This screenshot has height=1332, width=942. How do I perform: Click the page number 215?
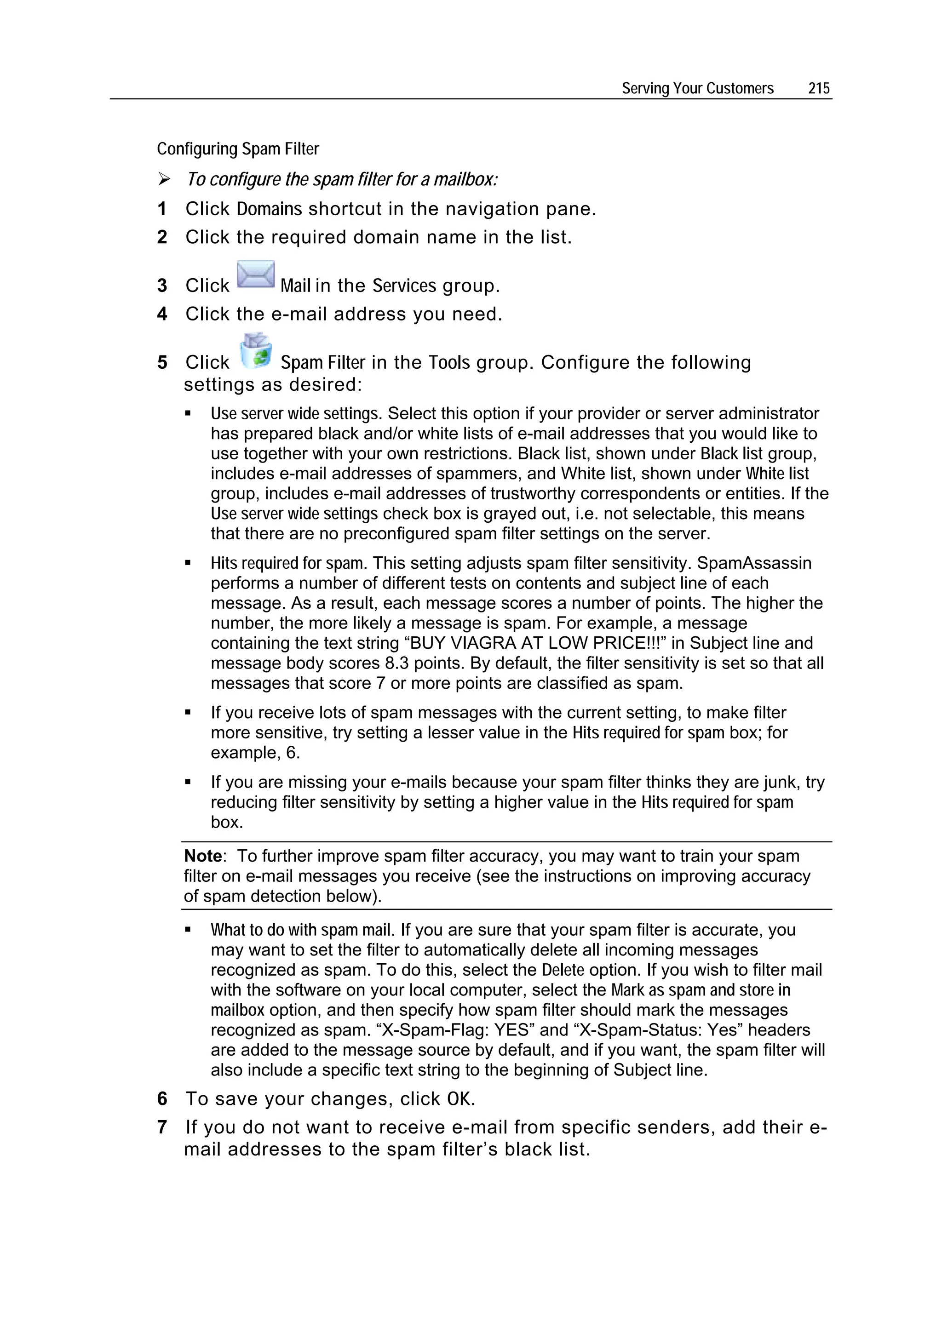818,88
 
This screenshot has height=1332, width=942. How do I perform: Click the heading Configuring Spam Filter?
238,149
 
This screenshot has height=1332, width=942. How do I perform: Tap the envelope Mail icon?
255,274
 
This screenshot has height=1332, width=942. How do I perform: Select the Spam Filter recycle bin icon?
256,350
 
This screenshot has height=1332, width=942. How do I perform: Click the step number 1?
162,209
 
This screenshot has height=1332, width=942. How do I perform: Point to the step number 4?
162,314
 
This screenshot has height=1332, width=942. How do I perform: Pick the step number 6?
162,1098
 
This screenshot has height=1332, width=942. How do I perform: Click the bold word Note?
202,856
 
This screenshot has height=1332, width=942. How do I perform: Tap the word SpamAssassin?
754,563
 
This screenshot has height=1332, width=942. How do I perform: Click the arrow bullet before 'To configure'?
164,180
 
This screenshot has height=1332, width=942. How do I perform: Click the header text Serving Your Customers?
697,88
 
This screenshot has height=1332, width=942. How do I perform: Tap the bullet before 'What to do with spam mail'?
188,929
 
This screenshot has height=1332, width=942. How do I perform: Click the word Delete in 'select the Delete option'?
563,970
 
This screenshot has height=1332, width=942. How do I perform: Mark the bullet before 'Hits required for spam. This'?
188,563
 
